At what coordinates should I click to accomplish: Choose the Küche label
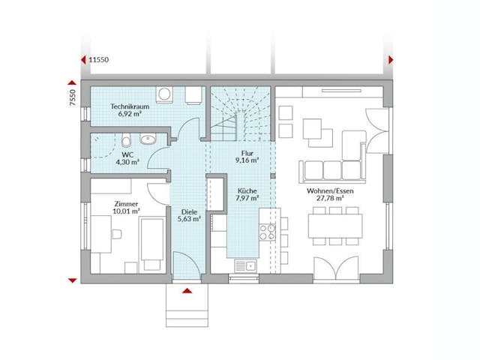(247, 191)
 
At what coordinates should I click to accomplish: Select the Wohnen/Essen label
(330, 191)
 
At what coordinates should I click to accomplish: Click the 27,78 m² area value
(330, 199)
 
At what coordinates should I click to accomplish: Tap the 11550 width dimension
(100, 59)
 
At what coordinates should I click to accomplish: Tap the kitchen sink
(245, 264)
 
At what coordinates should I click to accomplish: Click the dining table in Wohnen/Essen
(335, 224)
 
